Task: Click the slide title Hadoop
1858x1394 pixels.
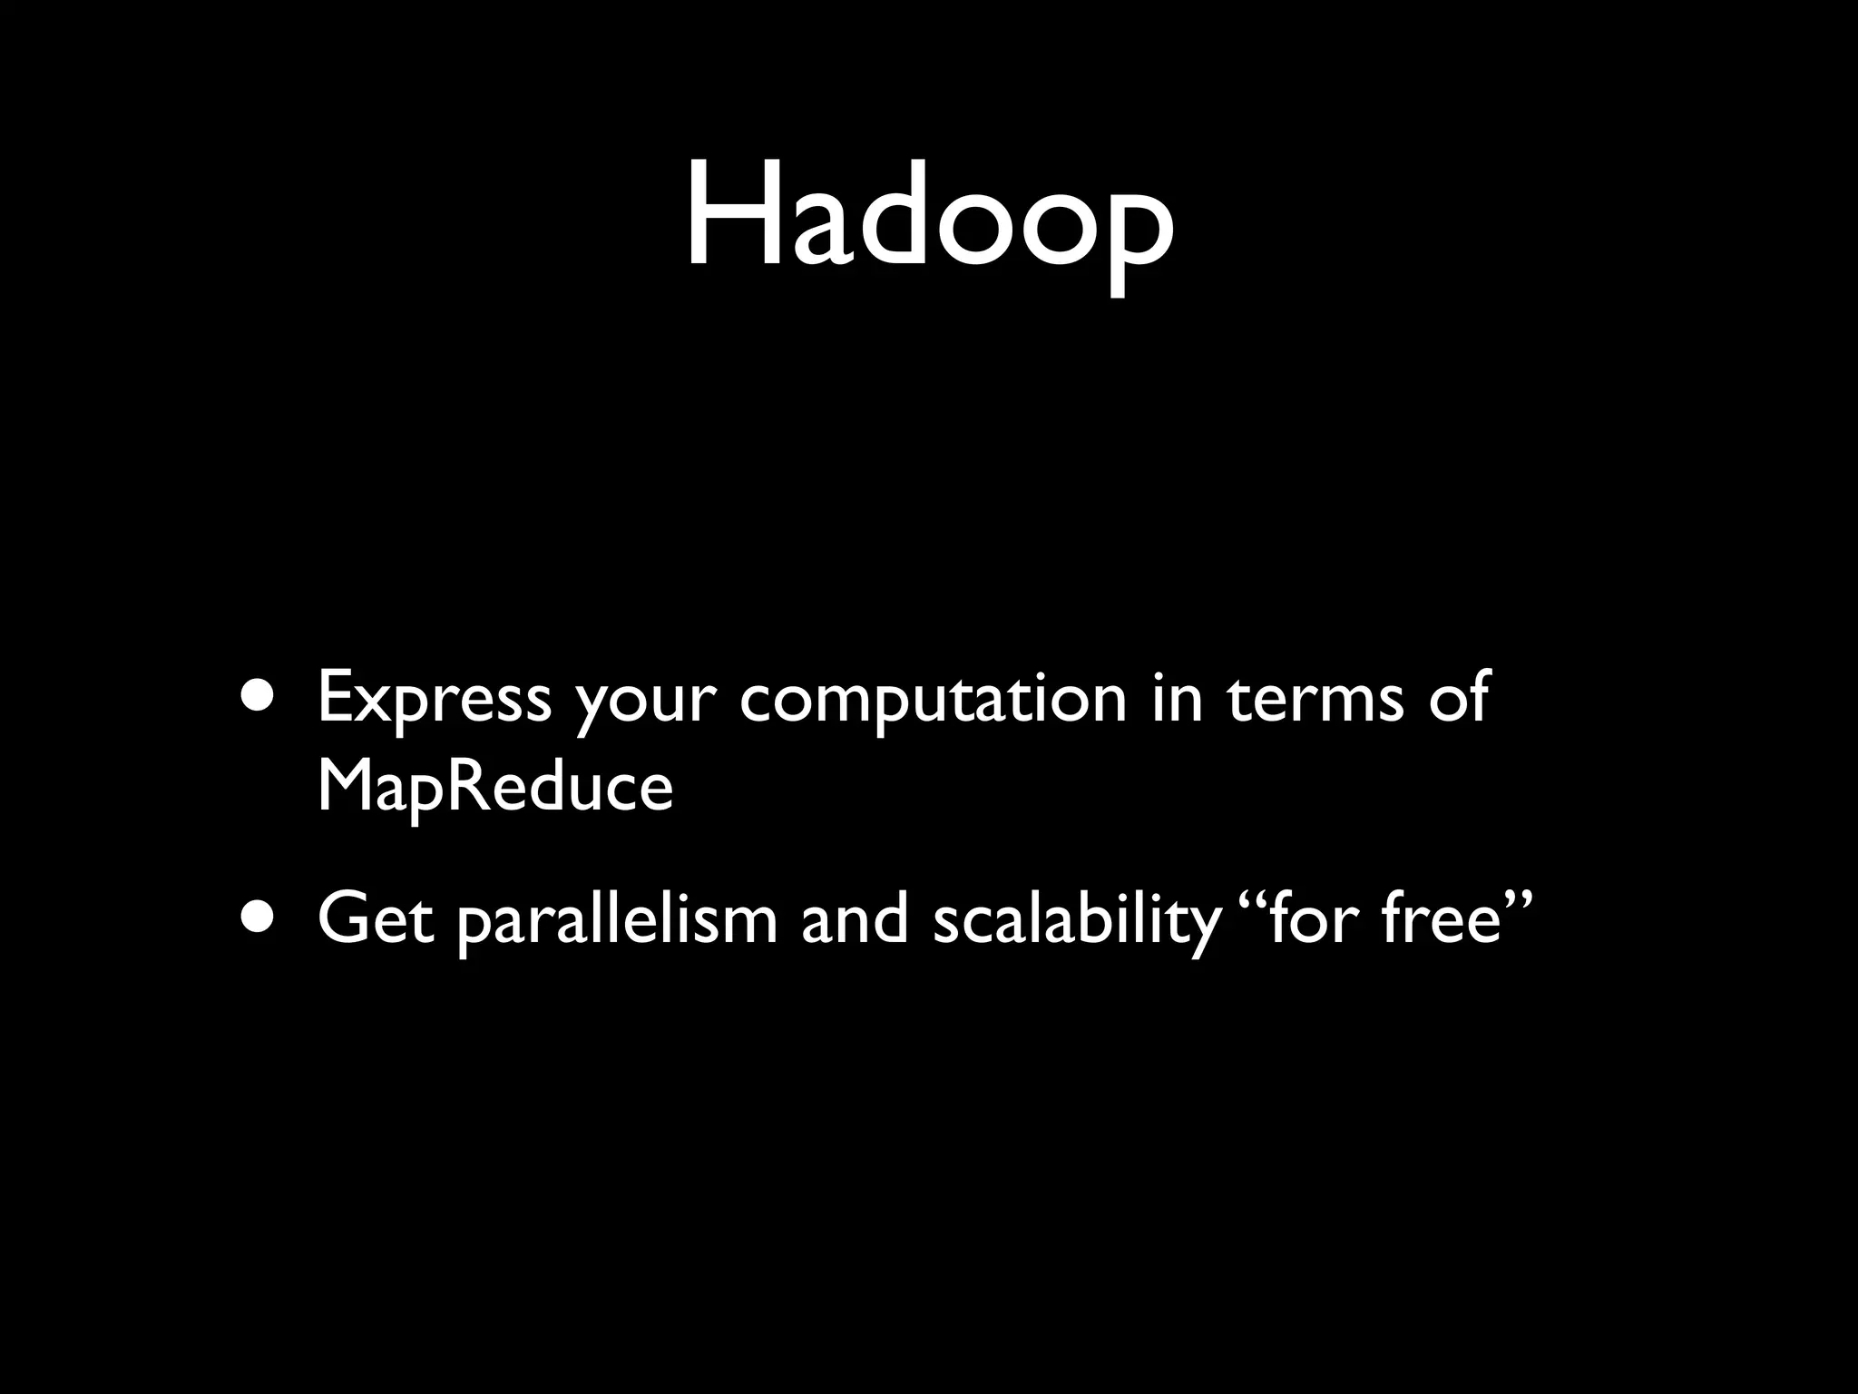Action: click(x=929, y=218)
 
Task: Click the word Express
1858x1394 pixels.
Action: click(x=434, y=699)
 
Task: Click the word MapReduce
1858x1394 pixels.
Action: click(x=495, y=786)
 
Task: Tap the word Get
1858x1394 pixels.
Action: click(x=375, y=918)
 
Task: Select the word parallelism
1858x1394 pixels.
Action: click(x=616, y=920)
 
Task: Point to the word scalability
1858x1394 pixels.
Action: click(x=1076, y=920)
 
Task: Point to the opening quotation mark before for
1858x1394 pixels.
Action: click(x=1250, y=900)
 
